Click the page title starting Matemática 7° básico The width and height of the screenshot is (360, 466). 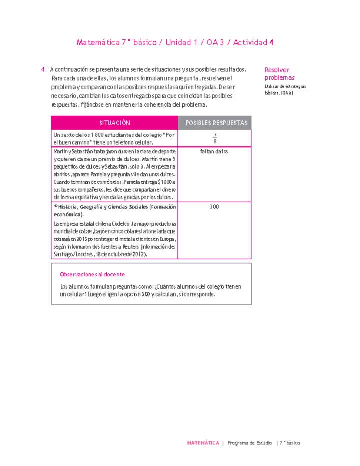coord(175,43)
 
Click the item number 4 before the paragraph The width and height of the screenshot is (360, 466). coord(44,69)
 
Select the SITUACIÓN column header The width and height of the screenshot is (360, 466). coord(114,123)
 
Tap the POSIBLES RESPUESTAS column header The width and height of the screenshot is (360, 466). coord(215,123)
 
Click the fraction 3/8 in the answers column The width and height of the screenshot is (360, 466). coord(215,138)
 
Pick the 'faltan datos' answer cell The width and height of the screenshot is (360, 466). coord(214,152)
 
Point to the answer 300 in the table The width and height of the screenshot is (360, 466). coord(214,207)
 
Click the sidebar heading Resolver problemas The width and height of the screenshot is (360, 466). coord(279,74)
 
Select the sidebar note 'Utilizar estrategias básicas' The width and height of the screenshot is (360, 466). coord(285,89)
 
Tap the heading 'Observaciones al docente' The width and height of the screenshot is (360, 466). coord(92,274)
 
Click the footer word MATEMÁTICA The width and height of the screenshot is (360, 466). coord(203,443)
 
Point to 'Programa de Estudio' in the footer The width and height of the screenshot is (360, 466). coord(249,443)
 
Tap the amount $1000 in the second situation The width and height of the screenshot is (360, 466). coord(166,182)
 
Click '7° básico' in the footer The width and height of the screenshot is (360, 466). coord(290,443)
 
